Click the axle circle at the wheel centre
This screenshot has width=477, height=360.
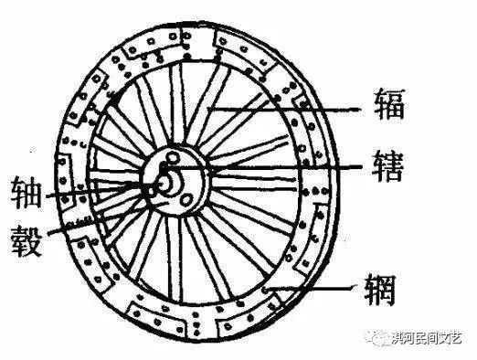[166, 182]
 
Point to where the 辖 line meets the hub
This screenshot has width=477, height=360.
[207, 171]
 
